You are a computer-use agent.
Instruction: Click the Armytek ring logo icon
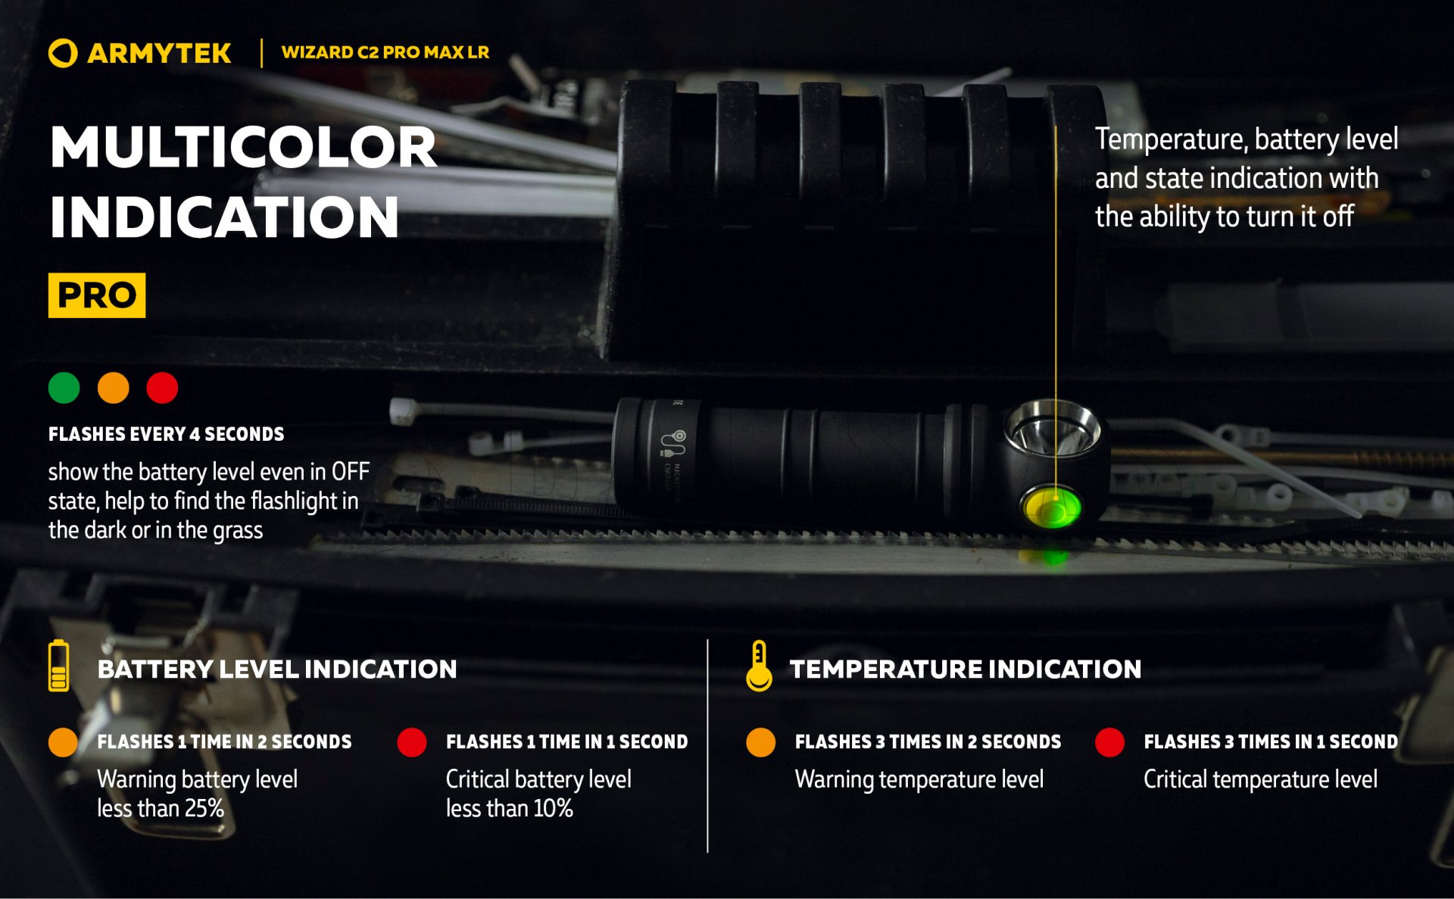pos(63,53)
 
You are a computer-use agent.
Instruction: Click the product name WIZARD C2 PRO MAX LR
pos(385,52)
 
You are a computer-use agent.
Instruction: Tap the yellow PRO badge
pos(97,295)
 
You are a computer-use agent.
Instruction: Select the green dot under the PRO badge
pos(64,388)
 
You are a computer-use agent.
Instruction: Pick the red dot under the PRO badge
pos(162,388)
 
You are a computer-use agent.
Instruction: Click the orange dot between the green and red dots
pos(114,388)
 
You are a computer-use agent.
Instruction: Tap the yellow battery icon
pos(58,666)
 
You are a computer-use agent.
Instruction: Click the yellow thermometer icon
pos(759,666)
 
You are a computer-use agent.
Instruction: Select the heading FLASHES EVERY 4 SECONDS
pos(166,434)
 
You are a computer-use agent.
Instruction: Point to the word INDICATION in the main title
pos(223,217)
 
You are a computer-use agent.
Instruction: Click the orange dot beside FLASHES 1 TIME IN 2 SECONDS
pos(63,742)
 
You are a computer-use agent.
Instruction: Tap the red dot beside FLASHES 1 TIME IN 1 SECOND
pos(412,742)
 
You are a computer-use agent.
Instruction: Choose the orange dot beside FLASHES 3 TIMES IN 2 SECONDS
pos(760,742)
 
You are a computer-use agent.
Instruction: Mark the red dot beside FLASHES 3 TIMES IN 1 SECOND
pos(1109,742)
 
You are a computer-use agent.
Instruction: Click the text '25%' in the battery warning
pos(204,808)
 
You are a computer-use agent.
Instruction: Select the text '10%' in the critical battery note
pos(553,808)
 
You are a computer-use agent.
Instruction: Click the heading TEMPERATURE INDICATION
pos(965,669)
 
